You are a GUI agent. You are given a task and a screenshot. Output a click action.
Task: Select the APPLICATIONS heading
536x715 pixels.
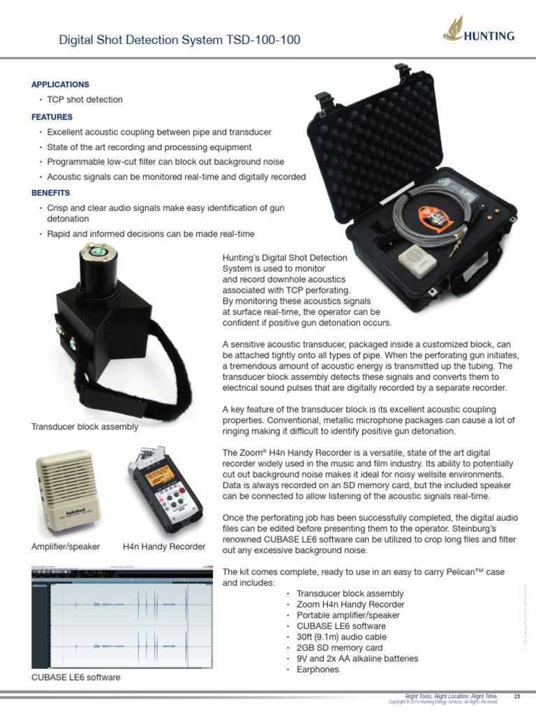(x=60, y=84)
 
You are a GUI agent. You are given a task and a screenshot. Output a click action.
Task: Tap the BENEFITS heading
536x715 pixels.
(x=51, y=192)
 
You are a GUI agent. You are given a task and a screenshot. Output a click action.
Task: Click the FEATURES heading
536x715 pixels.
(x=52, y=117)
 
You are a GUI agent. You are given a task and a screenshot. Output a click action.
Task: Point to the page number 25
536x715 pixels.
(x=517, y=696)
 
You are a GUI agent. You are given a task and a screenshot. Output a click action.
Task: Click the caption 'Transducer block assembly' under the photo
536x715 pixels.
(x=84, y=427)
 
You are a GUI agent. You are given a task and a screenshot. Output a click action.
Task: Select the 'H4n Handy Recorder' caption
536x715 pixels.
(x=163, y=546)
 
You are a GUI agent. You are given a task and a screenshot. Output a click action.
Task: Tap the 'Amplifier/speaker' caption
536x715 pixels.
(x=66, y=546)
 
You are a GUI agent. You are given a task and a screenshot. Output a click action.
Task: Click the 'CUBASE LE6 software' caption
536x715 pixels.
(x=75, y=677)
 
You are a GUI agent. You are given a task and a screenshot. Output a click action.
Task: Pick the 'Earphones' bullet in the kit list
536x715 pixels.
(x=318, y=670)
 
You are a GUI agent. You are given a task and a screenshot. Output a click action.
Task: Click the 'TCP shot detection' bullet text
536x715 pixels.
(x=84, y=100)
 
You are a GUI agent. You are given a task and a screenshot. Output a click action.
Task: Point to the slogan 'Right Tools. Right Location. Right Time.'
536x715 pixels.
(x=452, y=696)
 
